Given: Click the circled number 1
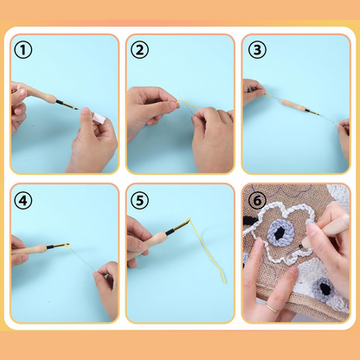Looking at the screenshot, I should [23, 50].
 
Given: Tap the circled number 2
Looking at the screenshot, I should [139, 50].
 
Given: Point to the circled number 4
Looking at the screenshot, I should [23, 201].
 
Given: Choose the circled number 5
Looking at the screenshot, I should [139, 201].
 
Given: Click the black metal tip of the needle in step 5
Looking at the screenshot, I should [180, 227].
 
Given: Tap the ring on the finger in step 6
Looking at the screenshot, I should [271, 306].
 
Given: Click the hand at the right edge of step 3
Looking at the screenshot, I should [344, 138].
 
